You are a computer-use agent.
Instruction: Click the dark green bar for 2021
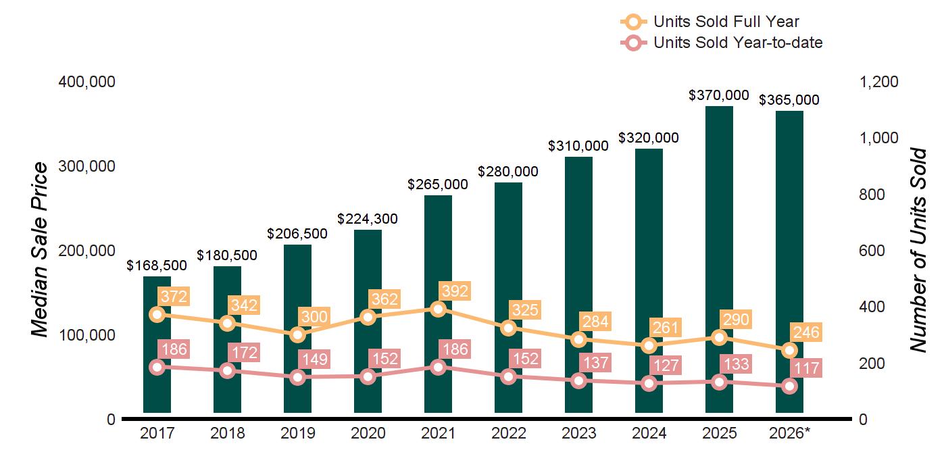tap(438, 303)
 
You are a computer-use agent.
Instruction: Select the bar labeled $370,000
tap(719, 259)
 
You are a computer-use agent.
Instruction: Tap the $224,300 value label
tap(368, 219)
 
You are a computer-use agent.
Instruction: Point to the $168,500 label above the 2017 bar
tap(157, 265)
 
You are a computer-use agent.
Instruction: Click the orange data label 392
tap(455, 291)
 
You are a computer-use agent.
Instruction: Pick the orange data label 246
tap(806, 332)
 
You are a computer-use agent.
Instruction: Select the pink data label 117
tap(807, 368)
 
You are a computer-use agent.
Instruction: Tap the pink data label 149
tap(315, 359)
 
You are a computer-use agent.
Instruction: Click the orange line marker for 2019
tap(298, 335)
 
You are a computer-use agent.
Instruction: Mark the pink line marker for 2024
tap(649, 384)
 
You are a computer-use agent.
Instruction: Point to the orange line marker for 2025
tap(719, 337)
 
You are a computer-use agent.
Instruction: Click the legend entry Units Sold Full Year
tap(710, 22)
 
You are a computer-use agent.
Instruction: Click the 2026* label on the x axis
tap(790, 433)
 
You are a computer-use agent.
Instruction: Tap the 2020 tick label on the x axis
tap(368, 433)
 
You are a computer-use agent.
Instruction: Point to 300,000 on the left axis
tap(86, 166)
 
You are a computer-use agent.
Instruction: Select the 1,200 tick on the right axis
tap(878, 82)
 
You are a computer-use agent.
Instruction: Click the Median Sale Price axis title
tap(40, 249)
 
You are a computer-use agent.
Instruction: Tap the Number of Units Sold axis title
tap(918, 250)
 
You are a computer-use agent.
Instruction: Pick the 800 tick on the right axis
tap(872, 195)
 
